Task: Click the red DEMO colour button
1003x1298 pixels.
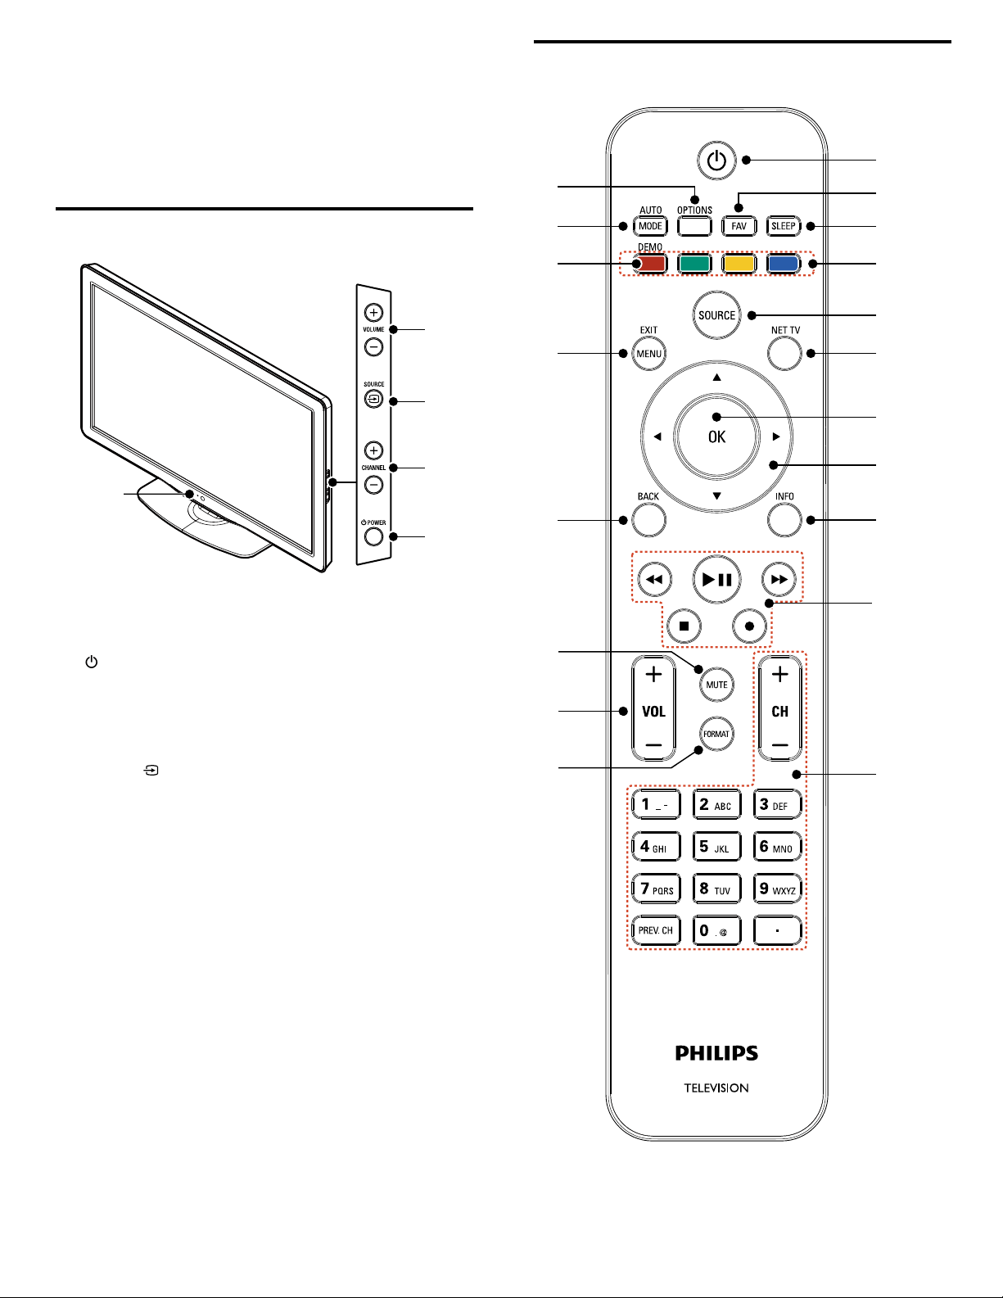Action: coord(650,264)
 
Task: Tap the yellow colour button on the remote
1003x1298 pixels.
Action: coord(739,264)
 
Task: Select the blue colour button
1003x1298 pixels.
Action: coord(784,264)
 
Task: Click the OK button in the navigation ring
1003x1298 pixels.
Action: coord(716,436)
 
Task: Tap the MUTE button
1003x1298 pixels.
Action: coord(716,685)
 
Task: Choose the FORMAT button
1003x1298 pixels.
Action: coord(716,734)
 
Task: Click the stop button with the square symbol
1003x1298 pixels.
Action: coord(684,626)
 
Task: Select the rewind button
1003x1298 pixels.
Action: coord(655,580)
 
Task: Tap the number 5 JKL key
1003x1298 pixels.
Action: coord(716,847)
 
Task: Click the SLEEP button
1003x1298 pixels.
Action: coord(784,226)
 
